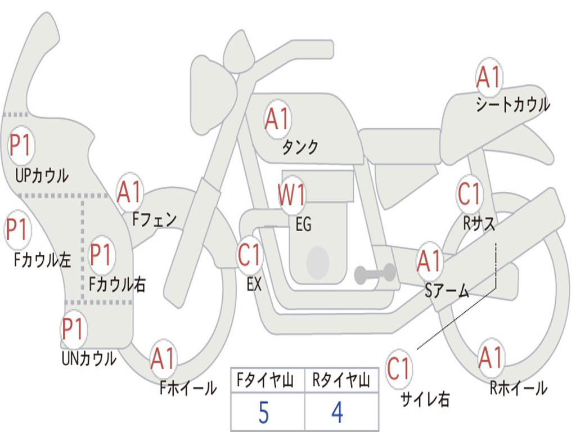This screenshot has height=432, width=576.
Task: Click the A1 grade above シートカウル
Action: pos(488,78)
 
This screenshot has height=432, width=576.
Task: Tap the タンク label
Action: pos(300,147)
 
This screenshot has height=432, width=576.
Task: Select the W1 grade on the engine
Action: pos(292,195)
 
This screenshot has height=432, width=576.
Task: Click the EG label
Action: pos(303,225)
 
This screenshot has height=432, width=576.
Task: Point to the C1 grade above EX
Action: pos(249,256)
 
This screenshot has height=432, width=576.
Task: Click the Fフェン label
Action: pos(155,219)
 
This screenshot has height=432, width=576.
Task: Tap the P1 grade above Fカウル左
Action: pos(17,230)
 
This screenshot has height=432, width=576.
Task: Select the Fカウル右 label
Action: pos(118,284)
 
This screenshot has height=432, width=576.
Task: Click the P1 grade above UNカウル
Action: pos(73,330)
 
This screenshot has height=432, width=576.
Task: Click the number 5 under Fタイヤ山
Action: pos(263,414)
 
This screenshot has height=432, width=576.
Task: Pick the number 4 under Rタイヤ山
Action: pos(337,414)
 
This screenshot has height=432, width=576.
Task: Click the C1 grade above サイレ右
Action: pos(399,370)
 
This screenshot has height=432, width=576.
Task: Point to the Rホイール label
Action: pos(518,388)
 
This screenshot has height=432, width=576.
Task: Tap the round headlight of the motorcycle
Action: pos(238,53)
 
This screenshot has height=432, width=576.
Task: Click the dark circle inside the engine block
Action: pos(318,263)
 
